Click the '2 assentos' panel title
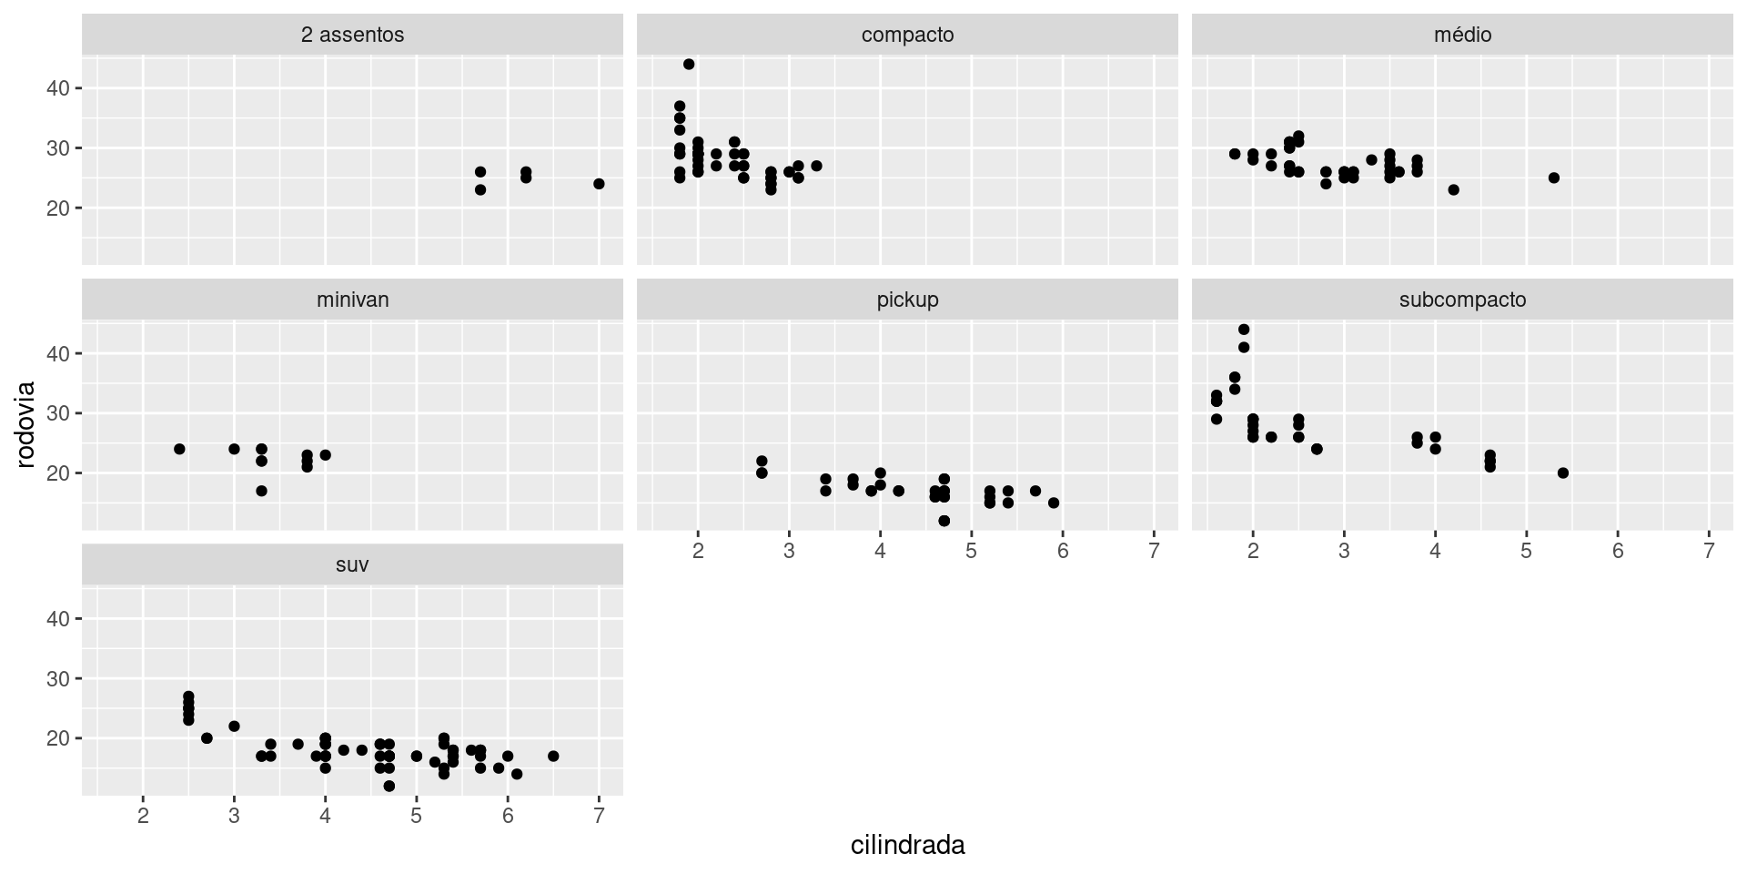click(352, 35)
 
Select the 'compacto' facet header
click(907, 35)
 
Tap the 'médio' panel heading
click(1462, 35)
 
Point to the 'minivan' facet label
click(352, 300)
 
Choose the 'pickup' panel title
click(907, 300)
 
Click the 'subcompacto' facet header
click(1462, 300)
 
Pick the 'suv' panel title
click(352, 564)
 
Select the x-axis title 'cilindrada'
click(907, 846)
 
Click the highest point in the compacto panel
click(689, 64)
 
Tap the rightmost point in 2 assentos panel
click(599, 184)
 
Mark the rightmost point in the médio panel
click(1554, 178)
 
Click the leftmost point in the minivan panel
click(179, 449)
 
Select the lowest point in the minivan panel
click(261, 491)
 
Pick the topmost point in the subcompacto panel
click(1244, 330)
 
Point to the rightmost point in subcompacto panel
click(1563, 473)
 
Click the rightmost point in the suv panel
click(553, 756)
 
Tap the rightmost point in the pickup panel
click(1054, 503)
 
